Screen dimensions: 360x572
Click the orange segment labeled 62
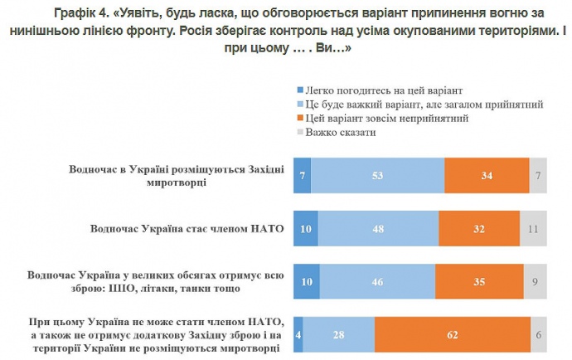(453, 334)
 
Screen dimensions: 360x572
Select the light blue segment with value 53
(377, 176)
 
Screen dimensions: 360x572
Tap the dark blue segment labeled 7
(303, 176)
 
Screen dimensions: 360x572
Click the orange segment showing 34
(487, 176)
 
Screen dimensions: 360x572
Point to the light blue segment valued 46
(377, 282)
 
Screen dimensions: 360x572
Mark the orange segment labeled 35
(479, 282)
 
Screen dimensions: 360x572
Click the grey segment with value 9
(536, 282)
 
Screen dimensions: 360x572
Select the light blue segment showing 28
(339, 334)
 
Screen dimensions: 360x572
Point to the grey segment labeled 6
(539, 334)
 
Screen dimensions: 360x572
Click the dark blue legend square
(299, 90)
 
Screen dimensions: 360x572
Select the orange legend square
(299, 118)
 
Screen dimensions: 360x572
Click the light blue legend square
(299, 104)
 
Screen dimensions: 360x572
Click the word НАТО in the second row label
(266, 227)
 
